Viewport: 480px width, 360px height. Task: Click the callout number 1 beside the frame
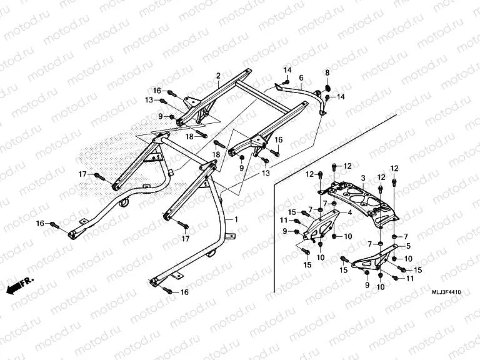[x=236, y=221]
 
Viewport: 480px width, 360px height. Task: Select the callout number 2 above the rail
[x=218, y=76]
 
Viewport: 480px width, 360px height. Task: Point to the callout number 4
[x=350, y=212]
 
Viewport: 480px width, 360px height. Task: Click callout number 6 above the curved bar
[x=301, y=78]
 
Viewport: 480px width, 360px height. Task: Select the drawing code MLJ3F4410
[x=446, y=292]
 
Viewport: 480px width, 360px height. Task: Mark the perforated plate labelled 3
[x=359, y=200]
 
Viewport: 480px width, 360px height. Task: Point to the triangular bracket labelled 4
[x=321, y=224]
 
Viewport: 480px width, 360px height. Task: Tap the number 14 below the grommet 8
[x=341, y=97]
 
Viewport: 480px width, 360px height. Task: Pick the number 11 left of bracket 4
[x=284, y=220]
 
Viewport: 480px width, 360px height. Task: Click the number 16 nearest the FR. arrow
[x=40, y=223]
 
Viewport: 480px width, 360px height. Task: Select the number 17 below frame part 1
[x=185, y=239]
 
